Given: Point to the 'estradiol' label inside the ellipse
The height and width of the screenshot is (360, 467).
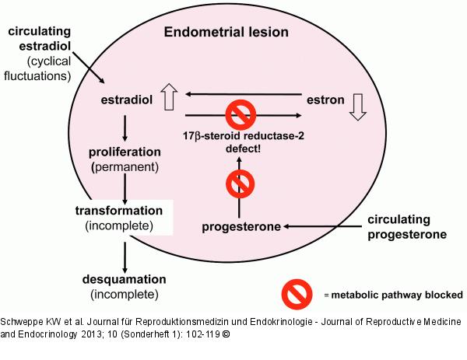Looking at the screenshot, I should tap(124, 100).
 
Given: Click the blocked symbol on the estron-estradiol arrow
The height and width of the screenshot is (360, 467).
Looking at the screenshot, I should tap(240, 114).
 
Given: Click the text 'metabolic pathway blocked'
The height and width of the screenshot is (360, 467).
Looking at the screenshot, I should tap(398, 295).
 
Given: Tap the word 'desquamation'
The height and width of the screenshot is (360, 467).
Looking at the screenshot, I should tap(124, 278).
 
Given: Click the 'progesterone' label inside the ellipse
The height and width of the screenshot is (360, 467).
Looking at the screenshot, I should tap(241, 226).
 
